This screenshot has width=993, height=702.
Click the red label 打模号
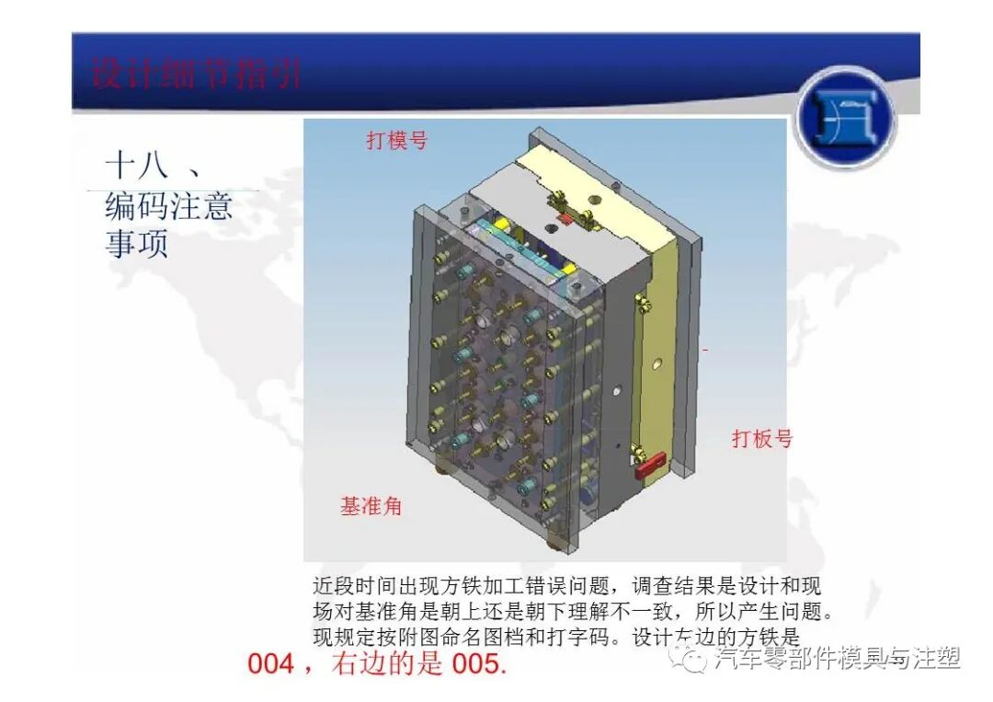pos(397,141)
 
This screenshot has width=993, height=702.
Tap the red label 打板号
pos(761,438)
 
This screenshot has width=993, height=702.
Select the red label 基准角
pos(371,506)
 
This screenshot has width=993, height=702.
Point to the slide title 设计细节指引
pos(196,74)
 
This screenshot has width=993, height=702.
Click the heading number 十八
pos(137,167)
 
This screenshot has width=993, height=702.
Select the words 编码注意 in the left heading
pos(168,206)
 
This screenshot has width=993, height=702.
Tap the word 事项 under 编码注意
pos(136,245)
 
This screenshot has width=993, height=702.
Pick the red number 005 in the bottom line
pos(479,663)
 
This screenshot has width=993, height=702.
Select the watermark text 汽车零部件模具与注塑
pos(838,658)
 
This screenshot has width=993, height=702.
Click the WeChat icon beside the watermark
pos(691,658)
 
